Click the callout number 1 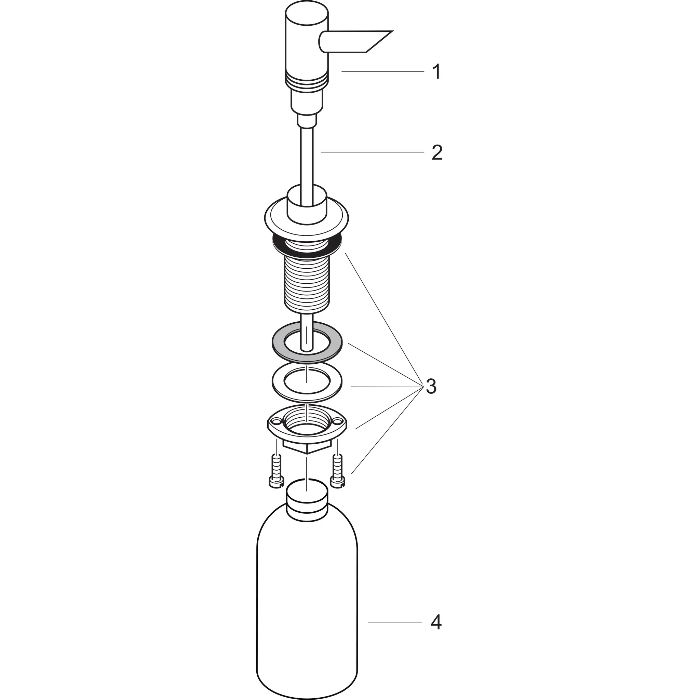point(436,72)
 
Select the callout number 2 point(436,152)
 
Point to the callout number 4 point(436,622)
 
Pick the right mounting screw point(337,471)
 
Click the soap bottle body point(307,598)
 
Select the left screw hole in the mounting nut point(277,421)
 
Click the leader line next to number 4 point(395,622)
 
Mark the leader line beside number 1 point(382,72)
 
